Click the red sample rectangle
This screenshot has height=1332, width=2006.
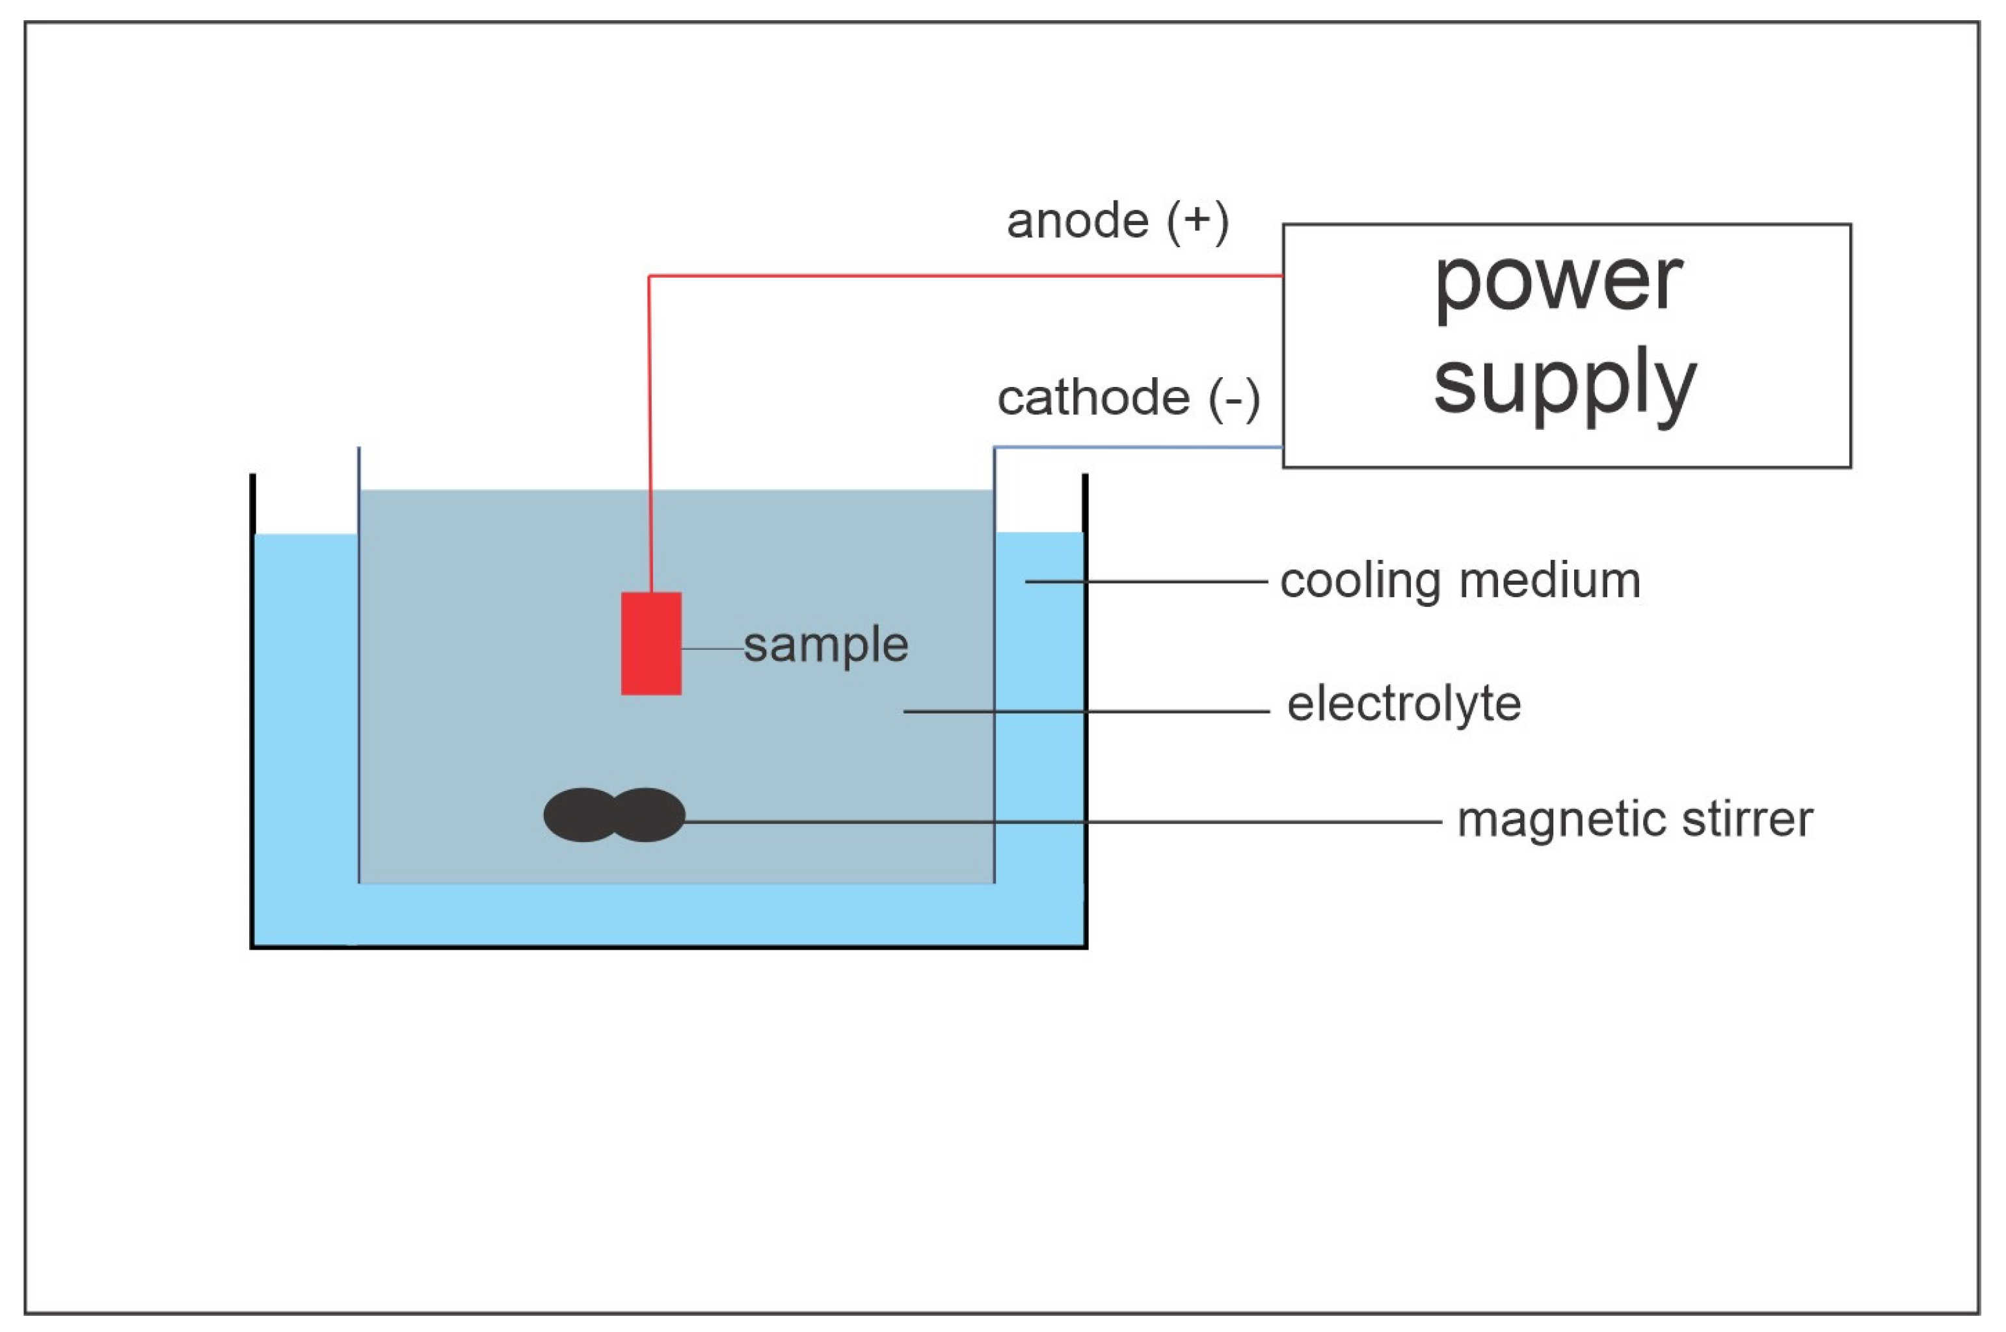pos(651,643)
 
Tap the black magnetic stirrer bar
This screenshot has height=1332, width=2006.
pos(614,815)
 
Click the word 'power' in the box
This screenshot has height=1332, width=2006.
pos(1558,282)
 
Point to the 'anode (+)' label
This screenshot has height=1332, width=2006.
pos(1118,222)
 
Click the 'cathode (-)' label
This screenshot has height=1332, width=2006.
pos(1129,399)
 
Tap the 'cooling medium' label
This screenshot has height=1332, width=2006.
pos(1460,582)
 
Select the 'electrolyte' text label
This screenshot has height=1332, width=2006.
pos(1404,704)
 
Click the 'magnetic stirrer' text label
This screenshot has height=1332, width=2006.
pos(1635,819)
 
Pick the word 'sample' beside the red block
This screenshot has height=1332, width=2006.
pos(826,646)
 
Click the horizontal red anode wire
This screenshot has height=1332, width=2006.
pos(965,275)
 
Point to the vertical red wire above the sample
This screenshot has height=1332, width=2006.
pos(650,433)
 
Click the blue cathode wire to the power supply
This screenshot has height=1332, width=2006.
pos(1138,447)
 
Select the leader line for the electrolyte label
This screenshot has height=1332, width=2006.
pos(1086,711)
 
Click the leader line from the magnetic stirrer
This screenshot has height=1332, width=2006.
pos(1063,821)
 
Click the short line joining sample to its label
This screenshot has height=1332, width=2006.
pos(713,649)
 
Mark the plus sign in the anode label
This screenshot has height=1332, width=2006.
pos(1198,219)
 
